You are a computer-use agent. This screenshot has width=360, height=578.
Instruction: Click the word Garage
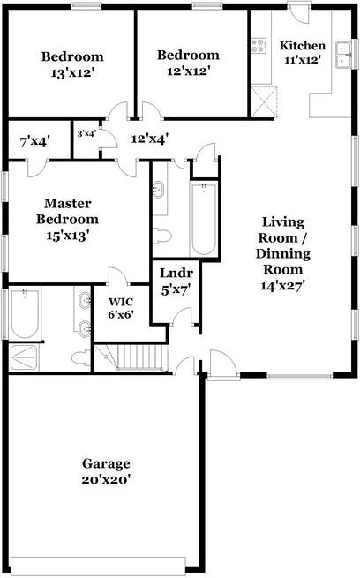[x=106, y=463]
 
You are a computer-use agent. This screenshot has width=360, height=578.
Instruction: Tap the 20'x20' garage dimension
[x=106, y=481]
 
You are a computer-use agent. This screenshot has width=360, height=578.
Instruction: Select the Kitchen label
[x=302, y=46]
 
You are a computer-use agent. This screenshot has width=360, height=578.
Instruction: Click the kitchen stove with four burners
[x=259, y=43]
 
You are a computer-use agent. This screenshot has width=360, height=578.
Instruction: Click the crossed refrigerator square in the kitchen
[x=260, y=96]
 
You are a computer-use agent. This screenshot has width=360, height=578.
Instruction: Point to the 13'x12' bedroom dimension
[x=72, y=74]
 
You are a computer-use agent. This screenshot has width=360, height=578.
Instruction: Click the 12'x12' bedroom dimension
[x=188, y=71]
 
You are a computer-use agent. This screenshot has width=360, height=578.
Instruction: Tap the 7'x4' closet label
[x=35, y=139]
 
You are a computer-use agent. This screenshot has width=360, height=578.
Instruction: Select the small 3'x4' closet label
[x=86, y=134]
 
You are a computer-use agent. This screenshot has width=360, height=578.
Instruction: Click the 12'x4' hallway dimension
[x=150, y=139]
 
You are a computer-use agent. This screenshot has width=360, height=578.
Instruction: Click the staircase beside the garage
[x=132, y=357]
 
